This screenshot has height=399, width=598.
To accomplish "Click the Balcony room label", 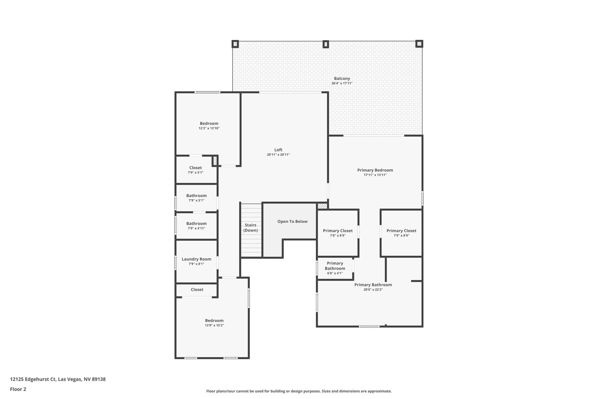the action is tap(342, 79).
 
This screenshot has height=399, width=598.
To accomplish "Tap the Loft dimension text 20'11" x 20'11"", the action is tap(278, 155).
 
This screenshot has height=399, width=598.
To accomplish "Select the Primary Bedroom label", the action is tap(375, 170).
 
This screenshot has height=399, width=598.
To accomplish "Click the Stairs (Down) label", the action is tap(250, 227).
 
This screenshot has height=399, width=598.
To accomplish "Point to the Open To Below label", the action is tap(292, 221).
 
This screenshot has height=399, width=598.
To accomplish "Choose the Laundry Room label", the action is tap(197, 259).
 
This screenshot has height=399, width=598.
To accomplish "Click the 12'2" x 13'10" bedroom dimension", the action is tap(209, 128).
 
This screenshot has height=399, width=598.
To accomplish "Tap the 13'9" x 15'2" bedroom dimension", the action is tap(215, 325).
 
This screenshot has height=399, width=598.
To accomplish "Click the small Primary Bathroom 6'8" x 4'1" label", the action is tap(335, 268).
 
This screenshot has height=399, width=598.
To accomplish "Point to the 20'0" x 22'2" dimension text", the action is tap(373, 289).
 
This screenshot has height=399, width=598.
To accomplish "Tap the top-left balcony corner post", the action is tap(235, 44).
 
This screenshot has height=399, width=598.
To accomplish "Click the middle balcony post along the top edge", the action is tap(326, 44).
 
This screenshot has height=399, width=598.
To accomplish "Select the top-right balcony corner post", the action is tap(419, 44).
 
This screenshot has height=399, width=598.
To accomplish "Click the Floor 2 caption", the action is tap(18, 389).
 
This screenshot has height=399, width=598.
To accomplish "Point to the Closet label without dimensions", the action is tap(197, 289).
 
